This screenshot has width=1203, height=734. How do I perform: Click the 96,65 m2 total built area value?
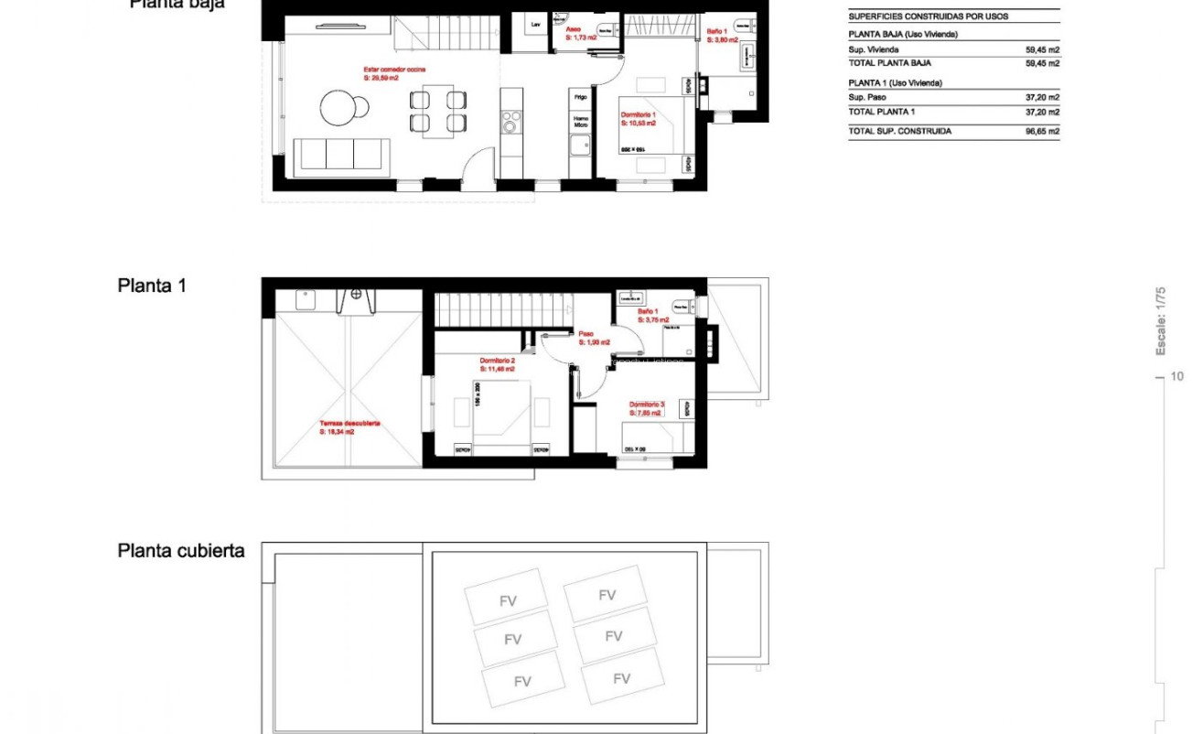tap(1043, 132)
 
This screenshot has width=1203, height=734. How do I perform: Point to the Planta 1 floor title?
tap(152, 286)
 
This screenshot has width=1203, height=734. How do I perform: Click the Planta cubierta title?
tap(181, 551)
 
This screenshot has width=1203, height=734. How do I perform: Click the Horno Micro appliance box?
tap(580, 121)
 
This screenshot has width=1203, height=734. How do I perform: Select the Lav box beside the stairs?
tap(536, 25)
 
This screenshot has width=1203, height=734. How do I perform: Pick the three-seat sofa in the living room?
tap(343, 154)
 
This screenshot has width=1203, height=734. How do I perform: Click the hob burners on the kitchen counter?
tap(511, 122)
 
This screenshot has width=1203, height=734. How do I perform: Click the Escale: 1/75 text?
tap(1161, 321)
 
